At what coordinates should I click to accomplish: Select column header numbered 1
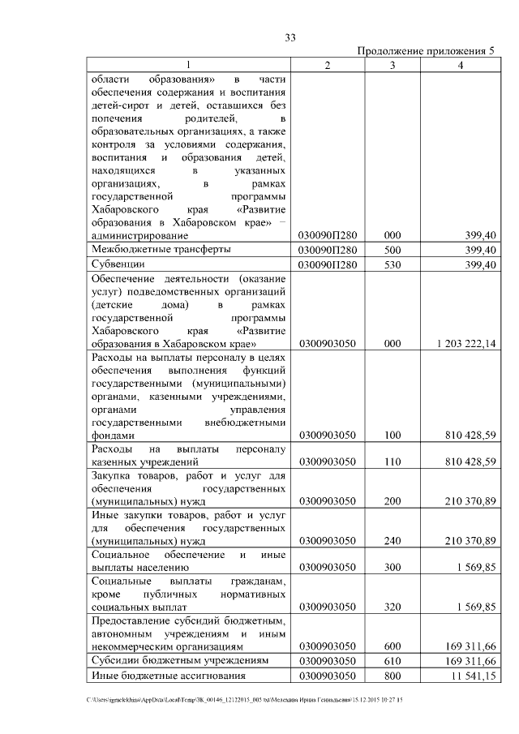point(188,65)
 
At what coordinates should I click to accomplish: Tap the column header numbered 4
point(460,65)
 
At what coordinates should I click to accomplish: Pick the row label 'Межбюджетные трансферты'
point(161,249)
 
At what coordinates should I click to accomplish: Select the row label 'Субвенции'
point(118,264)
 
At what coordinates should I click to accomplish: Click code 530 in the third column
point(392,264)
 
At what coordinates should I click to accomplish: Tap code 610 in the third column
point(392,661)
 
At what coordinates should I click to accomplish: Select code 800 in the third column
point(392,676)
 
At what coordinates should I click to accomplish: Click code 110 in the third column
point(392,462)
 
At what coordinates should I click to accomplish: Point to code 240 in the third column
point(392,541)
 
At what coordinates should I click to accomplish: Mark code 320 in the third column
point(392,606)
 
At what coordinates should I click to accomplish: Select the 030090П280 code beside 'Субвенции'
point(328,264)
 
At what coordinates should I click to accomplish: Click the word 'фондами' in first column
point(111,436)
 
